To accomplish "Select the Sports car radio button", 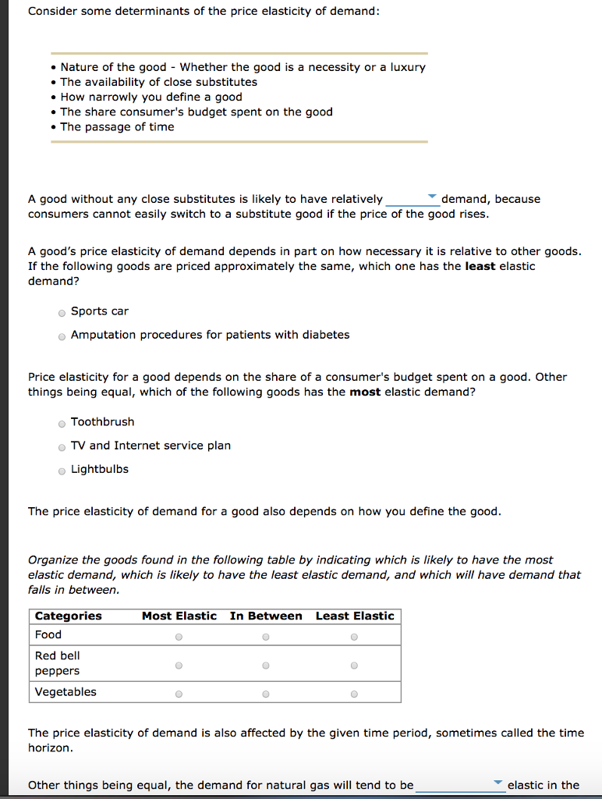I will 62,312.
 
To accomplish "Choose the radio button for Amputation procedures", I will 62,336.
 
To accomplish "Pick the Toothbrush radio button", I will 62,424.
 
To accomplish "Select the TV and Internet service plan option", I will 62,447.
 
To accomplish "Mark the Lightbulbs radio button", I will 62,471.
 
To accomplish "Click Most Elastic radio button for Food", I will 179,637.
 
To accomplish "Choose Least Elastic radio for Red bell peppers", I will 354,666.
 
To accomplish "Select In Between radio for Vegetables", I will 266,694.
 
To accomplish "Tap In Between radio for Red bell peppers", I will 266,666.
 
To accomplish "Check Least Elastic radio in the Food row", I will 354,637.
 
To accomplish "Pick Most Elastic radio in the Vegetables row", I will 179,694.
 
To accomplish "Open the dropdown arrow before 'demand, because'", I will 433,197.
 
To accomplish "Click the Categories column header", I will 69,616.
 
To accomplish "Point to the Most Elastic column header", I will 179,616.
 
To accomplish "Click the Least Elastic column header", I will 355,616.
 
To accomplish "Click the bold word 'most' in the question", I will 365,392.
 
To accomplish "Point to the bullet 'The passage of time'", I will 117,126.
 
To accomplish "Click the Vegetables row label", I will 66,692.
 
